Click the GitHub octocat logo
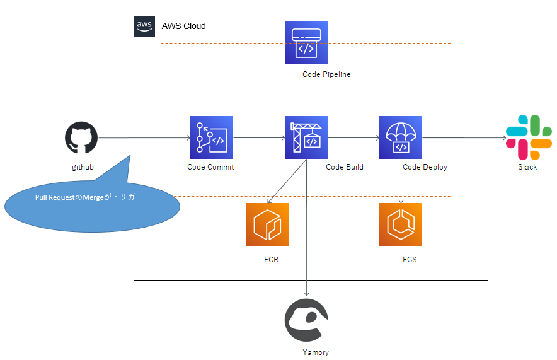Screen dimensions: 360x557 81,138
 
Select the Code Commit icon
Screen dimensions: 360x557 212,137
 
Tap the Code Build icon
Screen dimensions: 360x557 306,137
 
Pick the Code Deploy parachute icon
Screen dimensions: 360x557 401,137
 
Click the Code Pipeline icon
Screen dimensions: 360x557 306,43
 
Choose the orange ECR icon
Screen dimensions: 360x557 267,224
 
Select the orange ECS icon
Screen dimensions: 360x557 401,224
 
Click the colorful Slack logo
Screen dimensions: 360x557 528,137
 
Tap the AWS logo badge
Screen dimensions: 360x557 144,26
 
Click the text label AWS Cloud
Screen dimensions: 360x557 183,26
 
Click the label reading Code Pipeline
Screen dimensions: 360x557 326,74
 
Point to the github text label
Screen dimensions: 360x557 83,167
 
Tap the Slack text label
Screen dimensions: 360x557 527,167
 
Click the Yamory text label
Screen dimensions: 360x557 315,352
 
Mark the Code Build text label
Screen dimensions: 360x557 344,167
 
